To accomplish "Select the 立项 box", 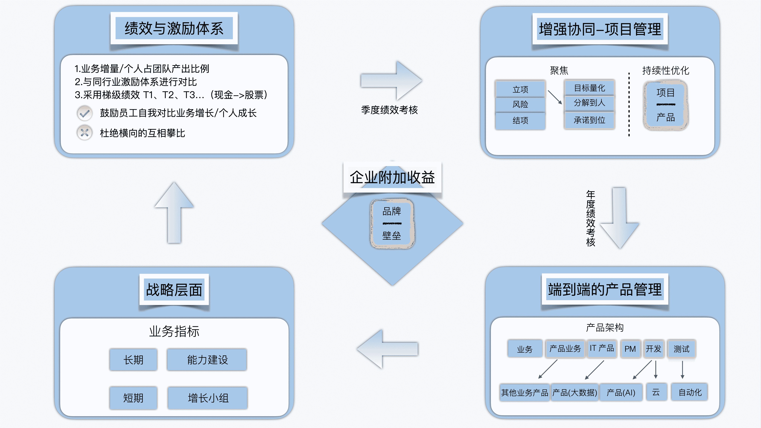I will (520, 89).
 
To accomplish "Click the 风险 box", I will (520, 104).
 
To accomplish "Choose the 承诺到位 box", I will (589, 120).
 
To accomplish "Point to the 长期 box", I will (133, 360).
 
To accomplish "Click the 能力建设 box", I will (207, 360).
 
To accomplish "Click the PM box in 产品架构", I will (630, 349).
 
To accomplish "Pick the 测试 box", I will (681, 349).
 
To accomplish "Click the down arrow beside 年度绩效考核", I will (619, 219).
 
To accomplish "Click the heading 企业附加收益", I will (392, 177).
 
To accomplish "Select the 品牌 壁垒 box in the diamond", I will (392, 224).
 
